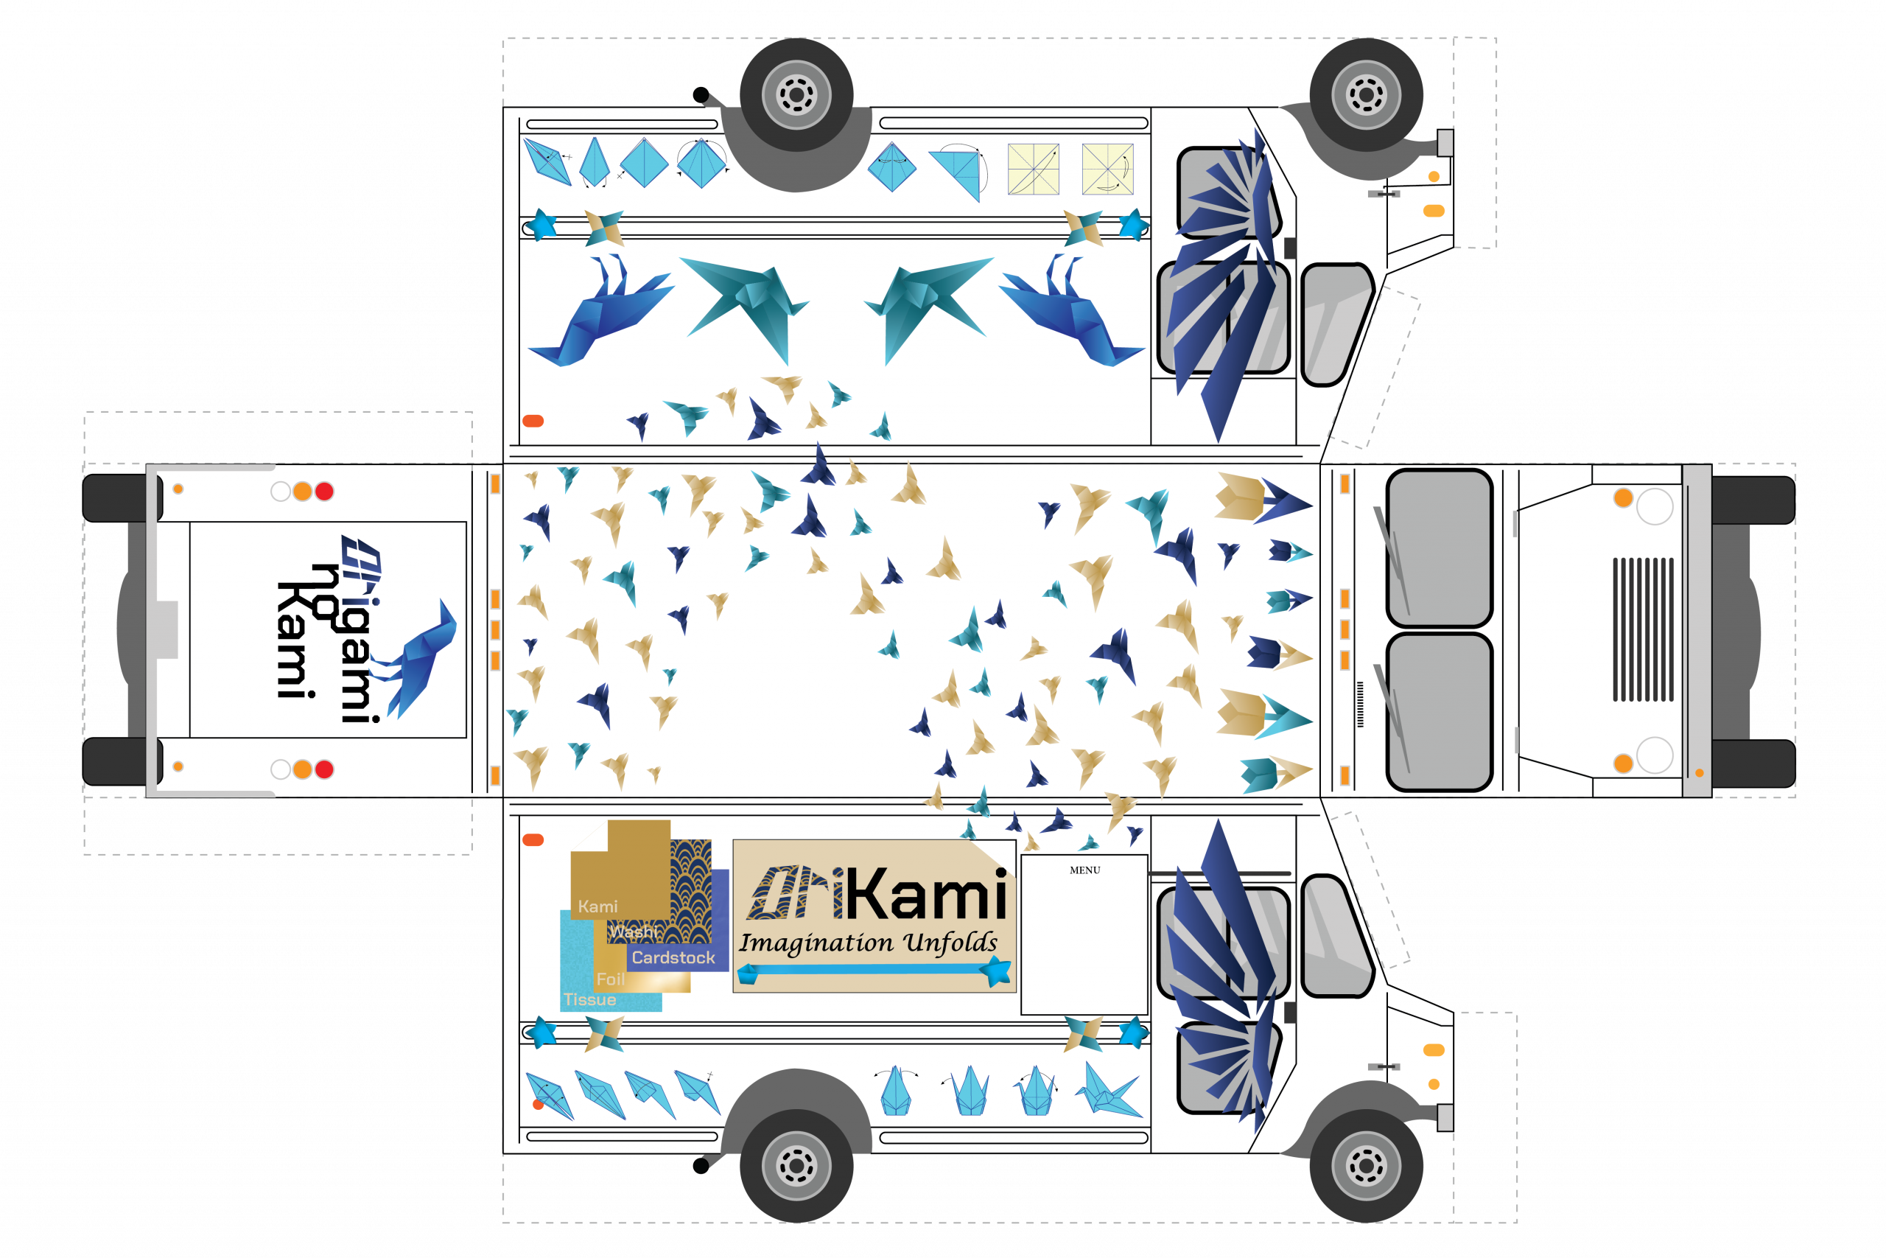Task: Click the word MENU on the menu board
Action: point(1084,870)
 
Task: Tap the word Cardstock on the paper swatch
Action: point(673,957)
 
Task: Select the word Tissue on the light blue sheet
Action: point(589,999)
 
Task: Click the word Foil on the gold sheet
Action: point(610,979)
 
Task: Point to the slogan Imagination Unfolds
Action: point(868,943)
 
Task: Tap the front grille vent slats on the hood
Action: point(1642,629)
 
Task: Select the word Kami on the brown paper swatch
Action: point(597,906)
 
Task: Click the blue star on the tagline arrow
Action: point(997,971)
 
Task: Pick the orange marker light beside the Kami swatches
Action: point(533,840)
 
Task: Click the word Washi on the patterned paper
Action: point(634,932)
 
